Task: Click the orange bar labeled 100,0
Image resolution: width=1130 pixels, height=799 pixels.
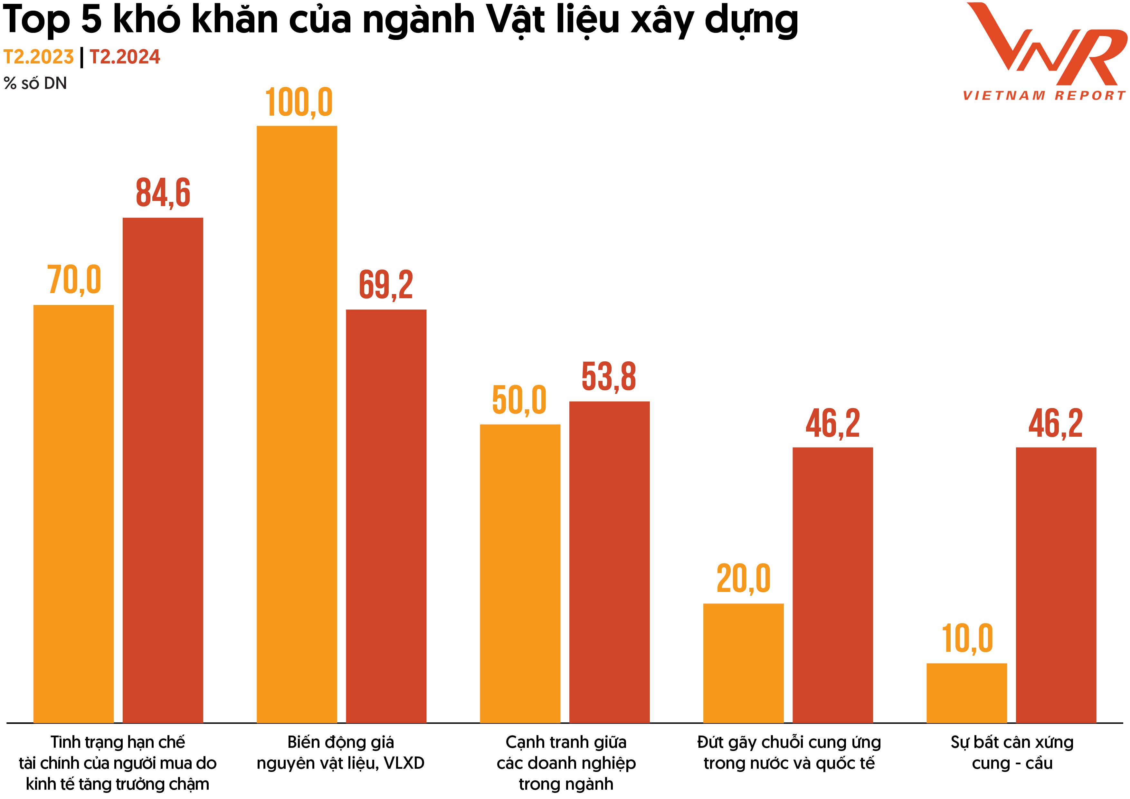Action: coord(297,423)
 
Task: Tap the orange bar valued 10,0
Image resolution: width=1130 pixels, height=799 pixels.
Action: coord(967,693)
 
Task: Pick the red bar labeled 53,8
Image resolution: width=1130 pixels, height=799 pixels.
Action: coord(609,562)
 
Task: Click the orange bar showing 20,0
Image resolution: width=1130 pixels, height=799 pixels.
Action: coord(743,663)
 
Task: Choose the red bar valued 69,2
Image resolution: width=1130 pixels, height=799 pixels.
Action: coord(386,516)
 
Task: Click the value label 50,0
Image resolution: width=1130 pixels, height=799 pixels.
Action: coord(519,400)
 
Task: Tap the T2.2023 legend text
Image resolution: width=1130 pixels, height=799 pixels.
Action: coord(38,57)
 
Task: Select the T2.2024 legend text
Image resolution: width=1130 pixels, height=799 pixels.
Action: coord(125,57)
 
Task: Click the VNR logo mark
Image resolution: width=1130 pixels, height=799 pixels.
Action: coord(1046,44)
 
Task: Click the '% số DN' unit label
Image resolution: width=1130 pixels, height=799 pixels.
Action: coord(35,83)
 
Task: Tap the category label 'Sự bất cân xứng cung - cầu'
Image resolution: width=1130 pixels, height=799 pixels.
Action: coord(1012,752)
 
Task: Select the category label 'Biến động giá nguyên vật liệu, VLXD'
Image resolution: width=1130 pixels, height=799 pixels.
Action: coord(341,752)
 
